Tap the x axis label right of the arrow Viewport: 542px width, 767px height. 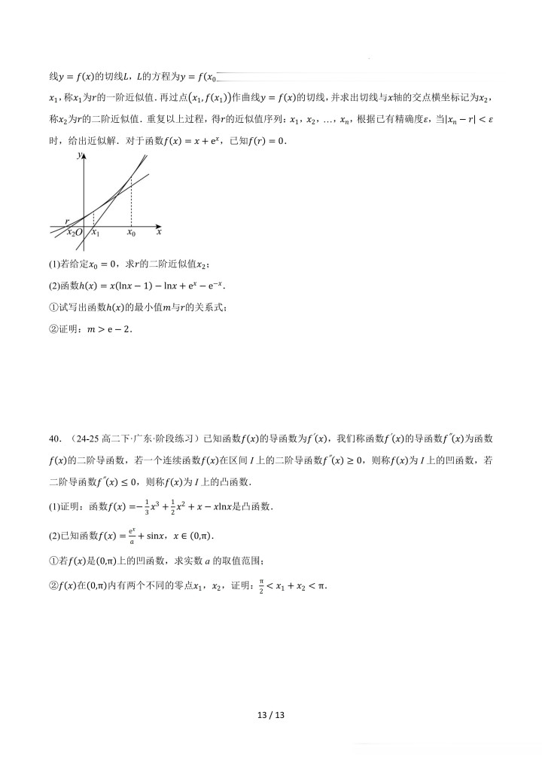pyautogui.click(x=159, y=233)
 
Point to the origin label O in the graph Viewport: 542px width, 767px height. pyautogui.click(x=78, y=234)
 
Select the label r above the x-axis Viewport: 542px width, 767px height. pyautogui.click(x=67, y=221)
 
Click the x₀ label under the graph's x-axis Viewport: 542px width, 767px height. pyautogui.click(x=131, y=234)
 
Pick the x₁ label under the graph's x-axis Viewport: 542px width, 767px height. pyautogui.click(x=94, y=234)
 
